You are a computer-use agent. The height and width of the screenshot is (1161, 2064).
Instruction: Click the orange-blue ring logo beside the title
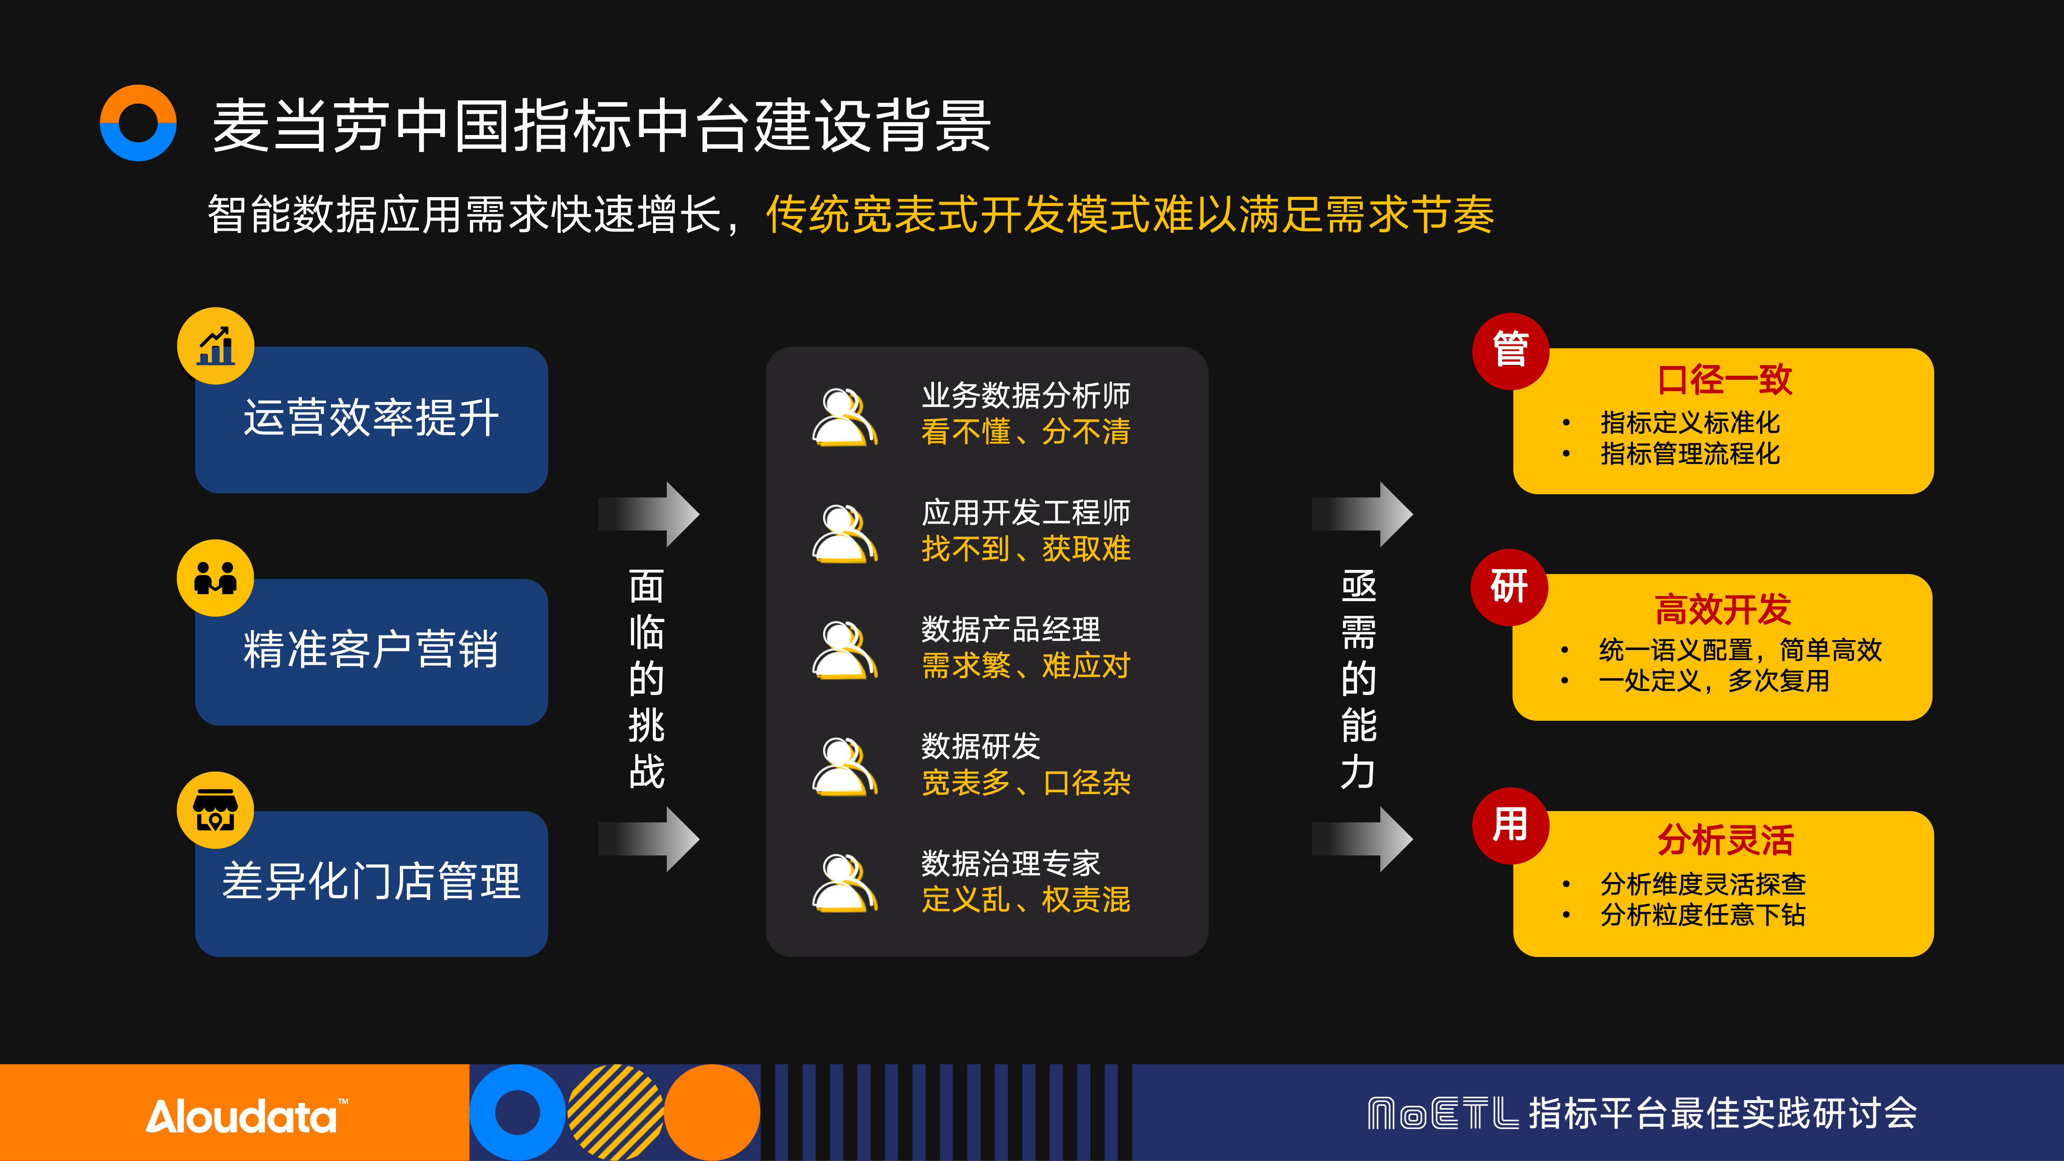tap(138, 123)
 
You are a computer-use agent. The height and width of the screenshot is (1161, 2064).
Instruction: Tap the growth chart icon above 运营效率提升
tap(216, 346)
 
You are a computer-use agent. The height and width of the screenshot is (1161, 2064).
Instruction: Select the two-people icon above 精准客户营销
tap(216, 578)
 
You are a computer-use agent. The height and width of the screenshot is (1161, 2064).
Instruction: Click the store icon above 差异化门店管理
tap(216, 810)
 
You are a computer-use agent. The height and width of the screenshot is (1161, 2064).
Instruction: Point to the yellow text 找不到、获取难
tap(1026, 549)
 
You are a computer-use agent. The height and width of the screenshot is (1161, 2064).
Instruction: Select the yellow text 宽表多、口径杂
tap(1026, 783)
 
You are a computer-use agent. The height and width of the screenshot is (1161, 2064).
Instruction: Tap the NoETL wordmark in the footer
tap(1442, 1114)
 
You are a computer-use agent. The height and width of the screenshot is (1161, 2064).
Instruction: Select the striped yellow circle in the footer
tap(615, 1112)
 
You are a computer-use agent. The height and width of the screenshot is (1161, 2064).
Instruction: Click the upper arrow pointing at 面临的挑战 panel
tap(649, 514)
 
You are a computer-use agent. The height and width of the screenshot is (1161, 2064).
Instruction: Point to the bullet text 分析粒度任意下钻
tap(1703, 914)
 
